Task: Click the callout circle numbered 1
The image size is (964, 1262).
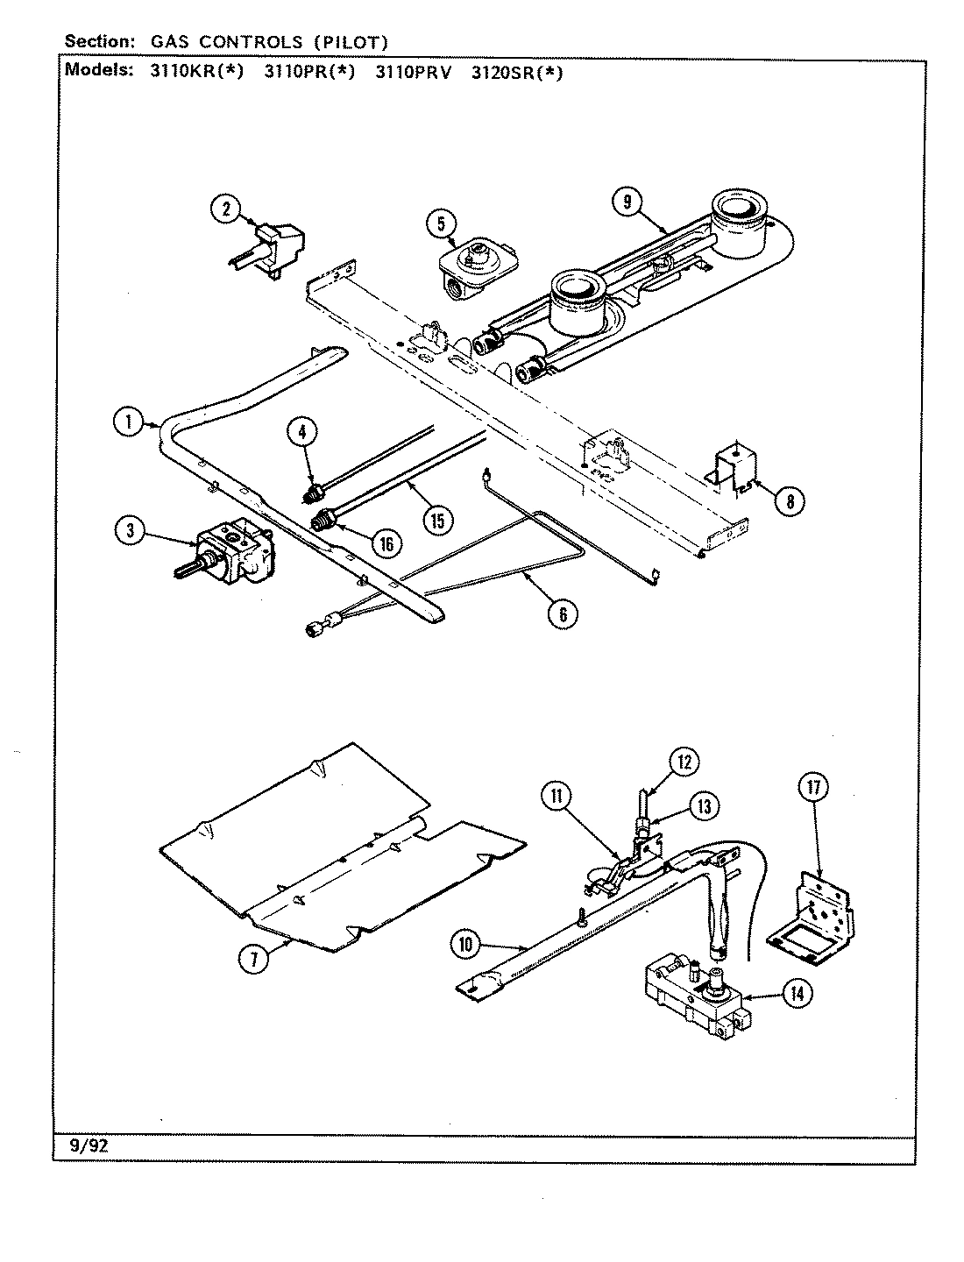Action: click(x=128, y=422)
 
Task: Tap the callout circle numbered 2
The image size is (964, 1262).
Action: click(x=225, y=209)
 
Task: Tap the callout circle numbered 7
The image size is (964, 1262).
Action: click(x=252, y=960)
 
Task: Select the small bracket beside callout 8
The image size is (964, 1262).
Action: click(x=734, y=466)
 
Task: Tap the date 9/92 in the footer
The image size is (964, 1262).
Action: click(x=86, y=1145)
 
